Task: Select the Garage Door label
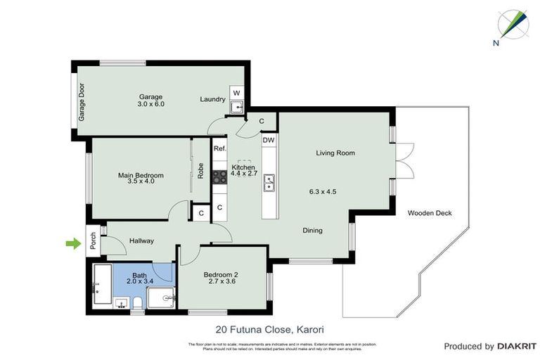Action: (x=82, y=102)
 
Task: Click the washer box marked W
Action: (x=236, y=93)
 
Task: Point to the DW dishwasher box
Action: (x=268, y=141)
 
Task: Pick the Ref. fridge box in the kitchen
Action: (x=219, y=148)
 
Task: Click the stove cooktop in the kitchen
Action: (x=219, y=177)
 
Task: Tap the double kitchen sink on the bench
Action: (x=269, y=184)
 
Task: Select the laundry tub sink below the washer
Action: (x=237, y=108)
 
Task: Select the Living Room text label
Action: (x=335, y=153)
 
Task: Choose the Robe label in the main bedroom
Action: (x=200, y=172)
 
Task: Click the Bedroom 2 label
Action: (x=221, y=274)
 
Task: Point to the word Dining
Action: (x=313, y=230)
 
